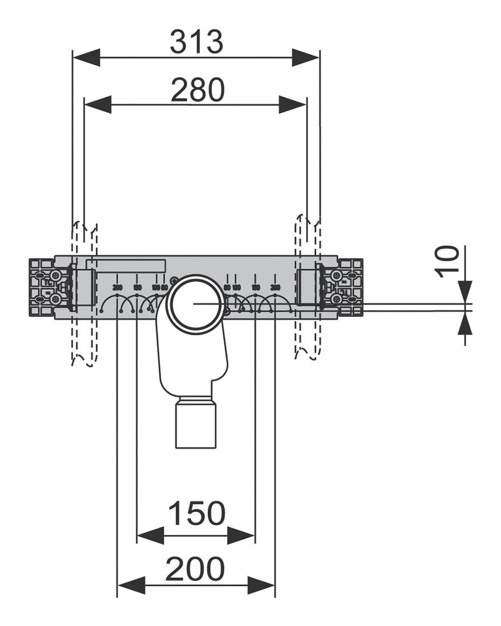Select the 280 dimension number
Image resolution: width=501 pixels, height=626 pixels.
tap(198, 90)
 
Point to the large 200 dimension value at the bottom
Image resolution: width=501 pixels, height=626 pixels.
tap(195, 569)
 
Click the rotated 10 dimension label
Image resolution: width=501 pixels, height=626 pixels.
tap(449, 261)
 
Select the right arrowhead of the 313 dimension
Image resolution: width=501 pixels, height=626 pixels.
tap(306, 57)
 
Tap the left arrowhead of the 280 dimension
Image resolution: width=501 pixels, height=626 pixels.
tap(97, 104)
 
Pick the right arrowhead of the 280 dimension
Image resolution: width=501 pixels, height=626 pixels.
tap(293, 104)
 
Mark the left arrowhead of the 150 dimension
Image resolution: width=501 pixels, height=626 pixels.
tap(150, 535)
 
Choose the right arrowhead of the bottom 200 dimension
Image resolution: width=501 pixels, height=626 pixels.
tap(261, 584)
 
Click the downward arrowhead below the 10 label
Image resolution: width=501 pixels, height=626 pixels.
tap(465, 291)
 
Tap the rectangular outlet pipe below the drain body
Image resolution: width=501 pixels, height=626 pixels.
tap(196, 424)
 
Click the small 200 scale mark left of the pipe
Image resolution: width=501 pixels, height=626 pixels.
tap(117, 287)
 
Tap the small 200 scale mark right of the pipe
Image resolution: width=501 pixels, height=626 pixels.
tap(275, 287)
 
